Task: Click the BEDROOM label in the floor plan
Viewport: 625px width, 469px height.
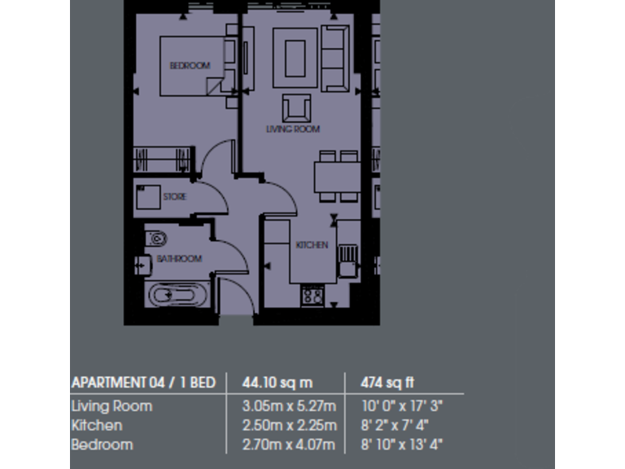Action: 189,65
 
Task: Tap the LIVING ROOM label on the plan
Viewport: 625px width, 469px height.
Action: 293,129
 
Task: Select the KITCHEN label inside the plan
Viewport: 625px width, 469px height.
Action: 312,244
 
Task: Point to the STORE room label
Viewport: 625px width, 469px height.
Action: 174,197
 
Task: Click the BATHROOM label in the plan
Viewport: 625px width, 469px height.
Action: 178,259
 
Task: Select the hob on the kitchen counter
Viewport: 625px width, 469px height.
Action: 312,295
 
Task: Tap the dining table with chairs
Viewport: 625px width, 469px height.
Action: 337,175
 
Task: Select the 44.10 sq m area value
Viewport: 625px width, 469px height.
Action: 277,382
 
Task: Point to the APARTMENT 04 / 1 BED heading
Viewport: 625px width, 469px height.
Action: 143,382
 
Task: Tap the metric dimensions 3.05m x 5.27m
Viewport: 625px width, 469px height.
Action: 289,405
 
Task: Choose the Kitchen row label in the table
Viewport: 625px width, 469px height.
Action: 97,425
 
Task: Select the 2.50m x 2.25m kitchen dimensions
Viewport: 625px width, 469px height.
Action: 289,425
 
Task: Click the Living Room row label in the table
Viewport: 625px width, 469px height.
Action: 111,405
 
